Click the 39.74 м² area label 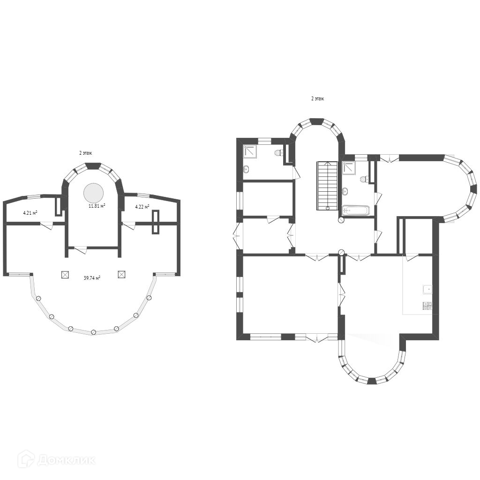92,278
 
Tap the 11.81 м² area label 97,206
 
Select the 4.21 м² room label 30,212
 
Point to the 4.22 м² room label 142,207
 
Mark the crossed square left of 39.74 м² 65,274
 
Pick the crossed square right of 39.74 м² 121,274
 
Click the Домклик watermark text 67,460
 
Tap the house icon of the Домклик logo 26,459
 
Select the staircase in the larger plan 328,186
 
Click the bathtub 356,211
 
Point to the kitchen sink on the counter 427,289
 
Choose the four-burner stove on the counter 427,306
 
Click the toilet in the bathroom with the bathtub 364,179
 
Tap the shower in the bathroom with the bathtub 349,168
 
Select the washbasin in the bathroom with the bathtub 345,192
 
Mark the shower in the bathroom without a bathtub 250,151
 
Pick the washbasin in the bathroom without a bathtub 247,169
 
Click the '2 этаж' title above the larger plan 317,99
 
